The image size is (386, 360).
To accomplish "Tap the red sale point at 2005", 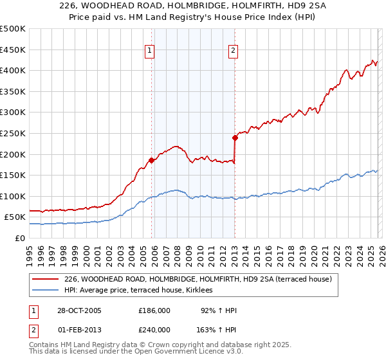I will click(x=152, y=160).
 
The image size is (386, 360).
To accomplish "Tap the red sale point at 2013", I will click(x=235, y=137).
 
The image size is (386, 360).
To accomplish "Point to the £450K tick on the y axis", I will click(x=13, y=50).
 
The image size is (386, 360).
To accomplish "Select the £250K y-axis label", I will click(x=13, y=133).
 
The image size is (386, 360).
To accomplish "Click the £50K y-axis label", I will click(x=15, y=217).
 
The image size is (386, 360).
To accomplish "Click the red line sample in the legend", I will click(x=46, y=279).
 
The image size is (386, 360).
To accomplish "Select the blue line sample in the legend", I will click(x=46, y=291).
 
